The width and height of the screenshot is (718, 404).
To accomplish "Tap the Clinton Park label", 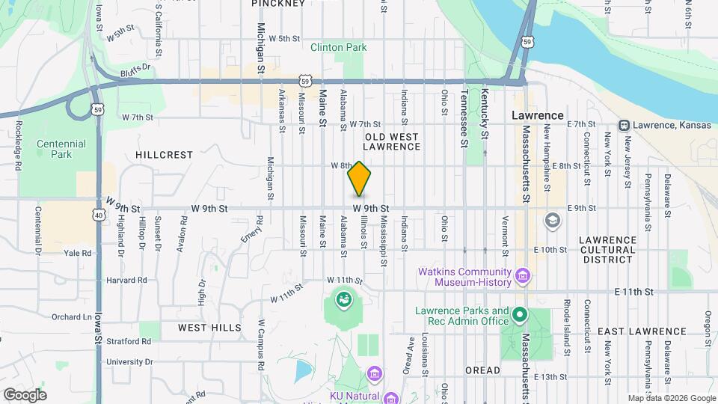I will (x=339, y=47).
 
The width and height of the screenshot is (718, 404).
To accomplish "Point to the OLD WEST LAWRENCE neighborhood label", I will (x=392, y=141).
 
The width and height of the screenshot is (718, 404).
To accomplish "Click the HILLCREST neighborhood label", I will (x=165, y=155).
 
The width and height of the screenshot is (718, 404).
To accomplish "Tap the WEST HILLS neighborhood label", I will (x=209, y=328).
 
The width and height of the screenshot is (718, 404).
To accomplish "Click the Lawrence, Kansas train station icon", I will (x=623, y=125).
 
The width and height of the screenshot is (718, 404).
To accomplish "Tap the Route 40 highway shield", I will (x=99, y=215).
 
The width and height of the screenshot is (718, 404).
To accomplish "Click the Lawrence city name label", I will (x=537, y=116).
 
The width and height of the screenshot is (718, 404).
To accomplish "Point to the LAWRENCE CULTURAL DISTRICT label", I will (x=607, y=250).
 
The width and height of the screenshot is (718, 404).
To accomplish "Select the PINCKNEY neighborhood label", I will (x=278, y=4).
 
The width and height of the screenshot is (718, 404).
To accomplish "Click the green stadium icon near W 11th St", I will (x=343, y=301).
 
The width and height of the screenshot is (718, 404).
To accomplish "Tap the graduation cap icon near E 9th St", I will (x=552, y=220).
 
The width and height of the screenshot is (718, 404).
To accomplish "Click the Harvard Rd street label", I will (x=127, y=281).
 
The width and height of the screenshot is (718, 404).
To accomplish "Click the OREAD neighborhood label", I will (x=482, y=370).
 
